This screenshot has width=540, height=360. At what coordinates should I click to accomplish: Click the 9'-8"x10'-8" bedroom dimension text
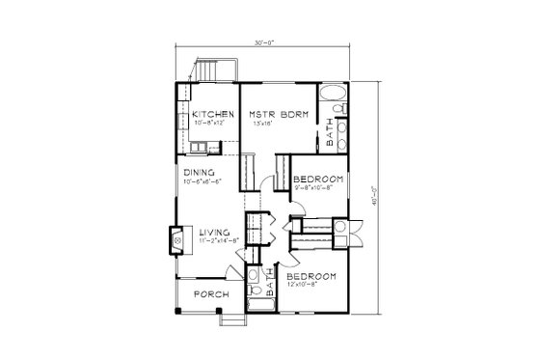coord(315,188)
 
